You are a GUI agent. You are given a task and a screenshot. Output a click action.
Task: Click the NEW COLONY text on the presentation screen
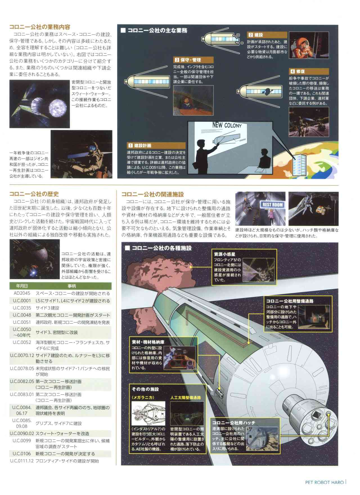(227, 125)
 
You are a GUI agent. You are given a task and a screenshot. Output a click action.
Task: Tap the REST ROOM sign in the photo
(273, 204)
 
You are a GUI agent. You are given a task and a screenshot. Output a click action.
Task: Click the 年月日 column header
(22, 286)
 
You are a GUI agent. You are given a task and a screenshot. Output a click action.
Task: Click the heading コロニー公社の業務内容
(40, 27)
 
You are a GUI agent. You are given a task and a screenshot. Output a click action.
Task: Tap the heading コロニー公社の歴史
(34, 194)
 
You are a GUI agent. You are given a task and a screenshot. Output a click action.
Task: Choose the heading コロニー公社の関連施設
(152, 194)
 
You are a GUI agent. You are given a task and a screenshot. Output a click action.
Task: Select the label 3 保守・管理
(188, 60)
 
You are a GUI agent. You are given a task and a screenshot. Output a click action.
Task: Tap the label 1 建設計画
(139, 145)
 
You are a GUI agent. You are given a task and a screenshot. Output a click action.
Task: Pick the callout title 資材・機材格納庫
(148, 342)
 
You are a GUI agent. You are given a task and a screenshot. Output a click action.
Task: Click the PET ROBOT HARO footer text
(324, 482)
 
